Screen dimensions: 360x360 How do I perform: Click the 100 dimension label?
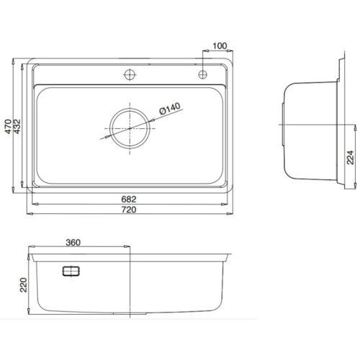coord(220,47)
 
